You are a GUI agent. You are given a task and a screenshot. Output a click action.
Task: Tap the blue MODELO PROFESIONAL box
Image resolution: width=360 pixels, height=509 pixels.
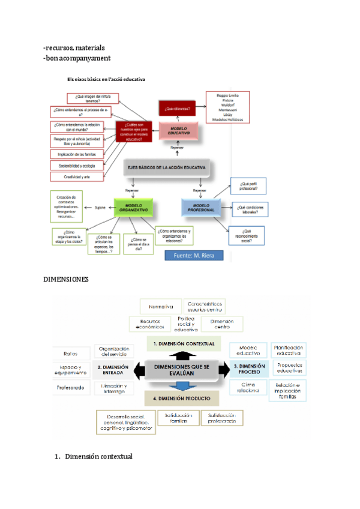click(x=200, y=207)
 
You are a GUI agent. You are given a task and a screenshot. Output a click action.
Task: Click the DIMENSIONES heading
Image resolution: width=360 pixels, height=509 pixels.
click(x=66, y=280)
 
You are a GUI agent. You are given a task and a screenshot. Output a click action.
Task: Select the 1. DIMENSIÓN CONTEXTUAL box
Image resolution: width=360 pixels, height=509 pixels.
click(x=184, y=344)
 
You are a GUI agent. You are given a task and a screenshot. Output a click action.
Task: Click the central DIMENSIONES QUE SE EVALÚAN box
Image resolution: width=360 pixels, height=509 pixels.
click(x=182, y=370)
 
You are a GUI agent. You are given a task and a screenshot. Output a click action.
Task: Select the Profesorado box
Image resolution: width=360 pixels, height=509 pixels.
click(x=71, y=388)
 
